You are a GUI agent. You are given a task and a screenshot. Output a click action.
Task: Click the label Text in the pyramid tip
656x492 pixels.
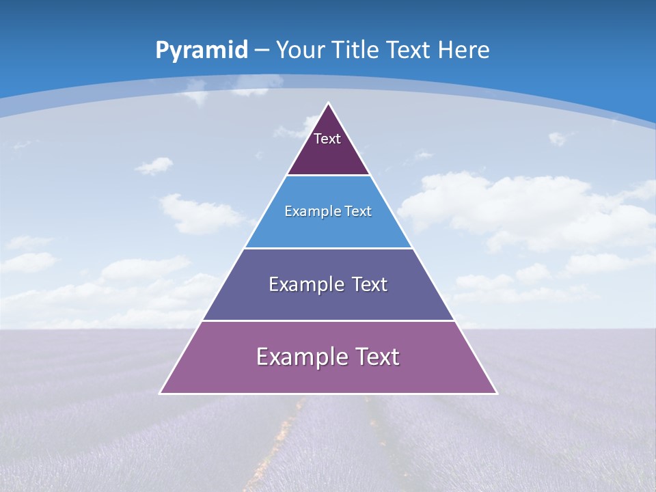327,139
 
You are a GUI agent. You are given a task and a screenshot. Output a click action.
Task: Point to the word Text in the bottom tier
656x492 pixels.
378,357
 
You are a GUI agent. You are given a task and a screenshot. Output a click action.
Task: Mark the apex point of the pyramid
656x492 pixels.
328,104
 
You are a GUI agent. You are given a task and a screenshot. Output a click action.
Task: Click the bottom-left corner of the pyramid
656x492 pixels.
160,393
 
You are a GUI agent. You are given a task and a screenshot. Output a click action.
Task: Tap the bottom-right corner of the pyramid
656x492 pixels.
497,393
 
